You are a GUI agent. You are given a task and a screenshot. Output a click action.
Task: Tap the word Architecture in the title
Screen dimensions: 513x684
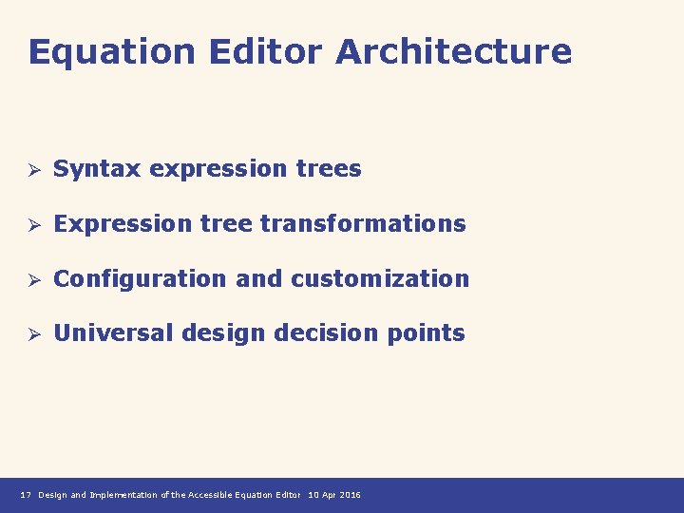pyautogui.click(x=453, y=52)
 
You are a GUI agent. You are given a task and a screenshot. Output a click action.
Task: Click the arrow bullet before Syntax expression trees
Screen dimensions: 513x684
pyautogui.click(x=31, y=170)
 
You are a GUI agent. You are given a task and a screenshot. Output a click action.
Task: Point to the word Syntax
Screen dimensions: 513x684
pyautogui.click(x=98, y=170)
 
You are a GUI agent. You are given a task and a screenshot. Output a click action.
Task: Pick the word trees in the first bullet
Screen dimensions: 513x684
pyautogui.click(x=328, y=169)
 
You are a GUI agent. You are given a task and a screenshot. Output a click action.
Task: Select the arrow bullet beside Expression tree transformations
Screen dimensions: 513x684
pyautogui.click(x=31, y=225)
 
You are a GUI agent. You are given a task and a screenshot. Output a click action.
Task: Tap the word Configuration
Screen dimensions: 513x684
pyautogui.click(x=140, y=279)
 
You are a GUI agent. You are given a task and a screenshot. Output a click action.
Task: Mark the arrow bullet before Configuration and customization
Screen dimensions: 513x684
pyautogui.click(x=31, y=280)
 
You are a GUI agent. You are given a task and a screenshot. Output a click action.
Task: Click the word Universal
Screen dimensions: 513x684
pyautogui.click(x=113, y=333)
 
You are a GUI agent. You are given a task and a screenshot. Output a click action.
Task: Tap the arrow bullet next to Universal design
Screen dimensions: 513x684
pyautogui.click(x=31, y=334)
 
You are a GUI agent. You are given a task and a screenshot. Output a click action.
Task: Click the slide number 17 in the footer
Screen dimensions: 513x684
pyautogui.click(x=26, y=495)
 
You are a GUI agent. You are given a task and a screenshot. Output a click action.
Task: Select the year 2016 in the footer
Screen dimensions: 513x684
pyautogui.click(x=350, y=495)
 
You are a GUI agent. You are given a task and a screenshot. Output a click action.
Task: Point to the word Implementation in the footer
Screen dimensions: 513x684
pyautogui.click(x=123, y=495)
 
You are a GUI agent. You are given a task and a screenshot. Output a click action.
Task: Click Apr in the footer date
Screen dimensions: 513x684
pyautogui.click(x=328, y=495)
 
